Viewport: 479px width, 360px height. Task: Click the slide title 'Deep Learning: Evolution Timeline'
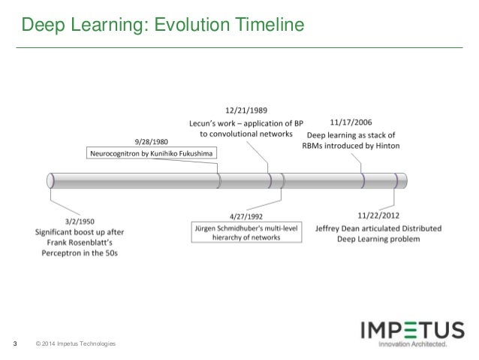(161, 26)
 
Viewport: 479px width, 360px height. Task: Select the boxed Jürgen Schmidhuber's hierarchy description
(246, 231)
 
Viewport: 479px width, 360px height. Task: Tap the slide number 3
(16, 344)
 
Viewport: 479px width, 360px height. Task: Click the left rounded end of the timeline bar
(51, 180)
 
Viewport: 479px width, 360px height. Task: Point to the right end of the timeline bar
(405, 180)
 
